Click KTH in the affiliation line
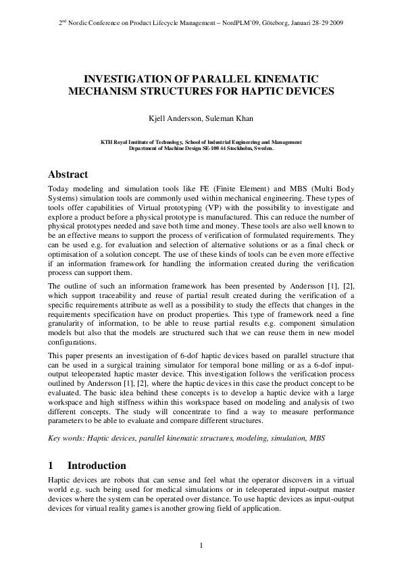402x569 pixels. [107, 142]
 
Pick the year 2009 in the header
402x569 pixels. [336, 22]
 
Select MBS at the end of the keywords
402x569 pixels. [316, 438]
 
